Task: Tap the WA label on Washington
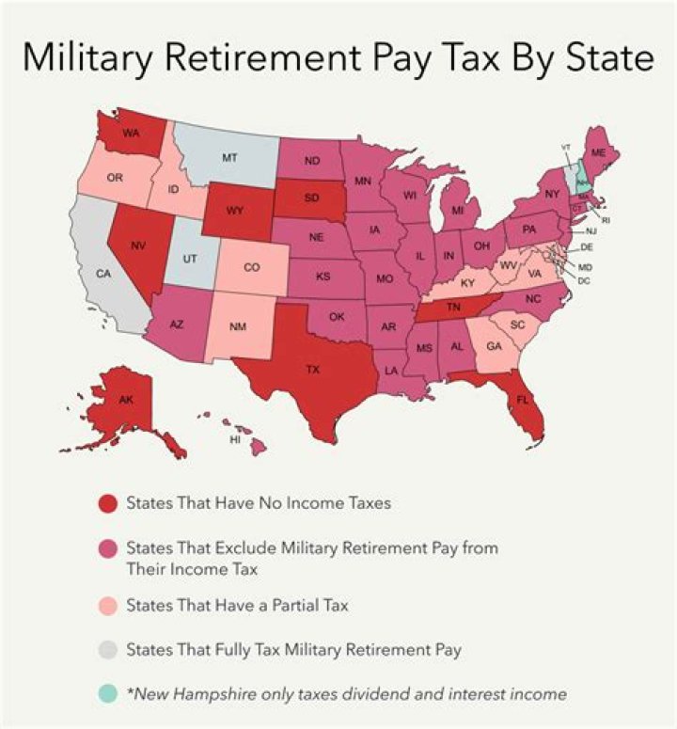pos(131,134)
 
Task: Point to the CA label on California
pos(103,274)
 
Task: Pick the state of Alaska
pos(127,402)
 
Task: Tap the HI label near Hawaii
pos(236,439)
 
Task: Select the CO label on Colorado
pos(251,267)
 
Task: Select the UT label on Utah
pos(189,256)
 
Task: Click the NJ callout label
pos(591,230)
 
